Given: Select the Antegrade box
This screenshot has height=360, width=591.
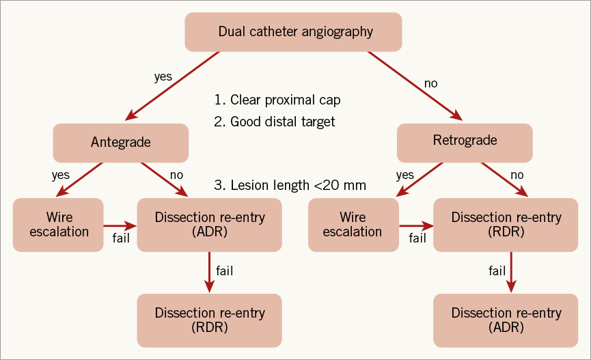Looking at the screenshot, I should pos(120,142).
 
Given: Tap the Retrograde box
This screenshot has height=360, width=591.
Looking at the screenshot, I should pos(465,141).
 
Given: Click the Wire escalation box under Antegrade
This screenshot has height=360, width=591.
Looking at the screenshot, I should pos(58,224).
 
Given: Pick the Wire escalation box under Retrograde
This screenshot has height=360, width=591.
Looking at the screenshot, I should pos(353,224).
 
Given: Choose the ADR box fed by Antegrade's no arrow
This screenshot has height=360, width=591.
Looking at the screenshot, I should pos(209,224).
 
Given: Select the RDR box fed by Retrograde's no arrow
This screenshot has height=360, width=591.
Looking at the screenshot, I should pos(506,224).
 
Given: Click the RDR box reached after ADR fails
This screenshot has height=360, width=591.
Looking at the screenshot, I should pos(209,320).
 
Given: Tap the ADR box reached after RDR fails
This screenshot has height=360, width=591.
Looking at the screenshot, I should pos(506,320).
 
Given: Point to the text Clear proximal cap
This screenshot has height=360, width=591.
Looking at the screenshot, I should pos(285,100).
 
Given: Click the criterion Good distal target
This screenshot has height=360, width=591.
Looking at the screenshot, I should pos(283,122).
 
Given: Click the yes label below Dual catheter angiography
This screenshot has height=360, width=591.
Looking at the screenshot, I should pos(163,77).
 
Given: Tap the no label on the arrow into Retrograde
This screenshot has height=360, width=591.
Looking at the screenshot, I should pos(430,83).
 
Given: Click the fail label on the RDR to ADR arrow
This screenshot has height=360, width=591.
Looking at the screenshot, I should pos(497,271).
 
